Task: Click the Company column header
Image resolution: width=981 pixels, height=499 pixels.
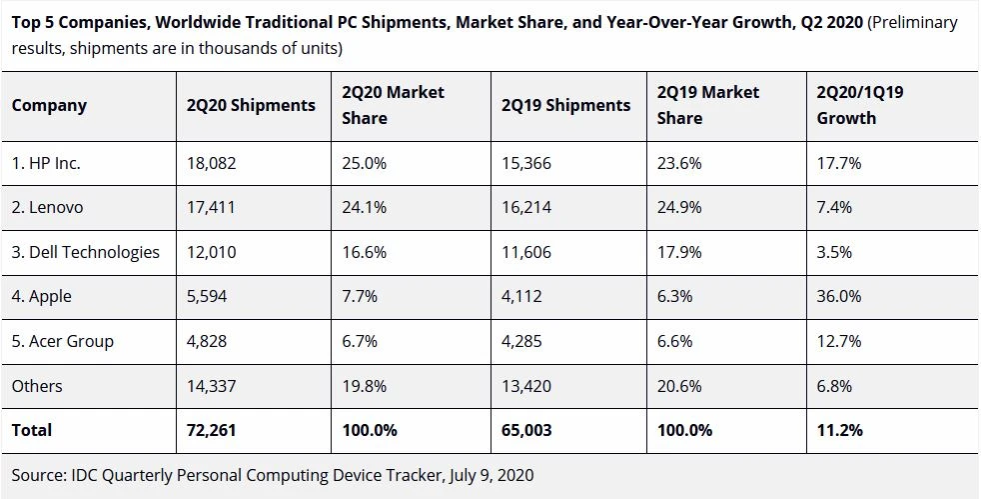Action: tap(49, 105)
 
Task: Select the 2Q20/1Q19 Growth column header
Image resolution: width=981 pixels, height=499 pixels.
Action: tap(861, 105)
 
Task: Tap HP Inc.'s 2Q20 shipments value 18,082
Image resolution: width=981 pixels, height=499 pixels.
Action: tap(211, 164)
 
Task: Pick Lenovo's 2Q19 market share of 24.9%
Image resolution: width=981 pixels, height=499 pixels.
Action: tap(679, 208)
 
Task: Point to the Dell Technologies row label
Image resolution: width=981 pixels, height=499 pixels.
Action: tap(86, 252)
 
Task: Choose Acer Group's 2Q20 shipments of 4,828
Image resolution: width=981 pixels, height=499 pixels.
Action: tap(207, 341)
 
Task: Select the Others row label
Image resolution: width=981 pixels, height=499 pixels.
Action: tap(37, 386)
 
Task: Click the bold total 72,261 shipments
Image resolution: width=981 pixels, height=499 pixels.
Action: tap(212, 430)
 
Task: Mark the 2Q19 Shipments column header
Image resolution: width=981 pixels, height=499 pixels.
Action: tap(566, 105)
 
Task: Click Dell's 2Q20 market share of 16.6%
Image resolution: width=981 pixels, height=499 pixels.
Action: tap(365, 252)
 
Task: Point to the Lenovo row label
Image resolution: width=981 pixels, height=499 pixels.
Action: tap(48, 208)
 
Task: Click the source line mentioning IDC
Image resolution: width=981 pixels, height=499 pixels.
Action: tap(273, 475)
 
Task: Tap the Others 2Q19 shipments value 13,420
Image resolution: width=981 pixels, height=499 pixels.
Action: tap(526, 386)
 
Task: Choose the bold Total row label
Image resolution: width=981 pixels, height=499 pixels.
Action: tap(32, 430)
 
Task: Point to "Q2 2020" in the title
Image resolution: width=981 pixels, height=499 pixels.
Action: tap(832, 22)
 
